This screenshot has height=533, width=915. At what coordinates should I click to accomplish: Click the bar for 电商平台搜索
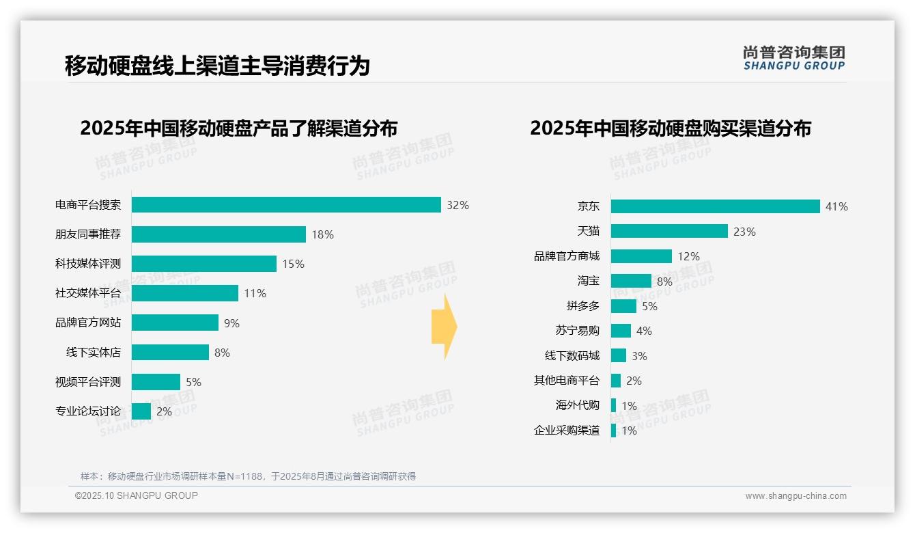tap(286, 205)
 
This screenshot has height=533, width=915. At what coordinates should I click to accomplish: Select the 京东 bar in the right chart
tap(715, 206)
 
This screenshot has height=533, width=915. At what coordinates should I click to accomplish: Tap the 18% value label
tap(322, 234)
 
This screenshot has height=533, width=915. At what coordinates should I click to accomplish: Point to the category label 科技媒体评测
tap(88, 264)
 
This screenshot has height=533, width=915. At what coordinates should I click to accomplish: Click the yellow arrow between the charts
tap(444, 327)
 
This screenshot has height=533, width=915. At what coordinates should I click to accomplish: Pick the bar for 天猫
tap(669, 232)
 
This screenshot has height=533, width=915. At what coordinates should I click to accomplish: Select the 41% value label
tap(836, 206)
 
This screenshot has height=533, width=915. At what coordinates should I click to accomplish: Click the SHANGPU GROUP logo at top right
tap(793, 58)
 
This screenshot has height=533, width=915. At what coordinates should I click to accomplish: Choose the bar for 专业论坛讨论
tap(141, 411)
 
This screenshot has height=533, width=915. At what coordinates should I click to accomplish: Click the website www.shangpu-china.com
tap(796, 496)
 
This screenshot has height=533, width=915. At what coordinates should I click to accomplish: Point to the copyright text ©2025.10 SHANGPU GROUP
tap(137, 495)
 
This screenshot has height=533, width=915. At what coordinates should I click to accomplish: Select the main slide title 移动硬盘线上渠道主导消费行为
tap(217, 66)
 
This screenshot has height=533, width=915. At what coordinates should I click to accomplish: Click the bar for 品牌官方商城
tap(641, 256)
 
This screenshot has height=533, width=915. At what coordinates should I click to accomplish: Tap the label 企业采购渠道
tap(566, 430)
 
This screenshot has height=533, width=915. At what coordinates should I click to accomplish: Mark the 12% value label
tap(688, 256)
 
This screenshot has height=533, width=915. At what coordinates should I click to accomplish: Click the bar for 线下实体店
tap(170, 353)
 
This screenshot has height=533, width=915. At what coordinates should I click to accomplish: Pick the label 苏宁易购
tap(577, 331)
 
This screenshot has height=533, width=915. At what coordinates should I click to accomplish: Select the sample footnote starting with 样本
tap(248, 476)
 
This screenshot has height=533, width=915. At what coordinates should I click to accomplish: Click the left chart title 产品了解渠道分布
tap(238, 128)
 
